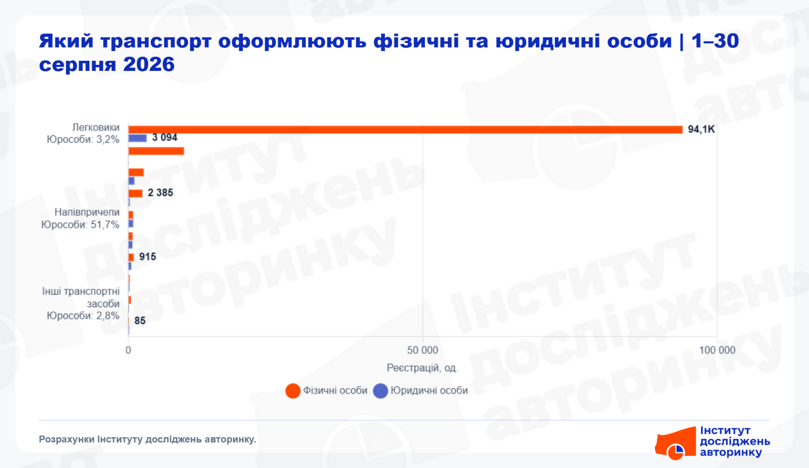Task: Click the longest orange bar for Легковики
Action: [405, 130]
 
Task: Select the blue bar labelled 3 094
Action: [137, 138]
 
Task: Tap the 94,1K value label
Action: [701, 129]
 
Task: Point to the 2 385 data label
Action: [161, 193]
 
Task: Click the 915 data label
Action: [147, 257]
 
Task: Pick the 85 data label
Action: [140, 321]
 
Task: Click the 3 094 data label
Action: [165, 138]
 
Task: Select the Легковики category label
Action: [96, 127]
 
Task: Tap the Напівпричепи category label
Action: [87, 212]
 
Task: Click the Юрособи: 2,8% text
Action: [83, 316]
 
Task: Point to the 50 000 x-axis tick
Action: [423, 350]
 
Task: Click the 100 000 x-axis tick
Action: [717, 350]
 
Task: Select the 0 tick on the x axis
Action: [129, 350]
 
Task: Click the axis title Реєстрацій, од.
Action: [422, 368]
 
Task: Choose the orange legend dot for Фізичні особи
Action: [293, 391]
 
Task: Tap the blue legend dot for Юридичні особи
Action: [380, 391]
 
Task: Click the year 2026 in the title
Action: [149, 65]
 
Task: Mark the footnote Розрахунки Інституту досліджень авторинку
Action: [147, 439]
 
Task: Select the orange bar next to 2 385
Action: [135, 193]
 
